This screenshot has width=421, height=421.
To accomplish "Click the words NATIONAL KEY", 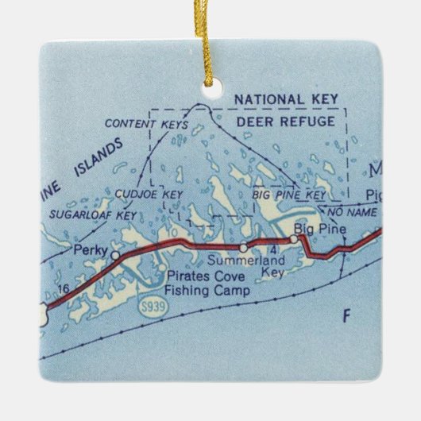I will click(280, 99).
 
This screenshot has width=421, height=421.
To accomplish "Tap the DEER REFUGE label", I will click(292, 122).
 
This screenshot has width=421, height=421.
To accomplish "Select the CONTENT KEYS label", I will click(146, 126).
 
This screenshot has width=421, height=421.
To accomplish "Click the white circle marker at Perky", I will click(116, 255).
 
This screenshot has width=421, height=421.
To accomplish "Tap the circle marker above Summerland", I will click(243, 249).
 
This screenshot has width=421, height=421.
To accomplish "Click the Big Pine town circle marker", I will click(295, 239).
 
